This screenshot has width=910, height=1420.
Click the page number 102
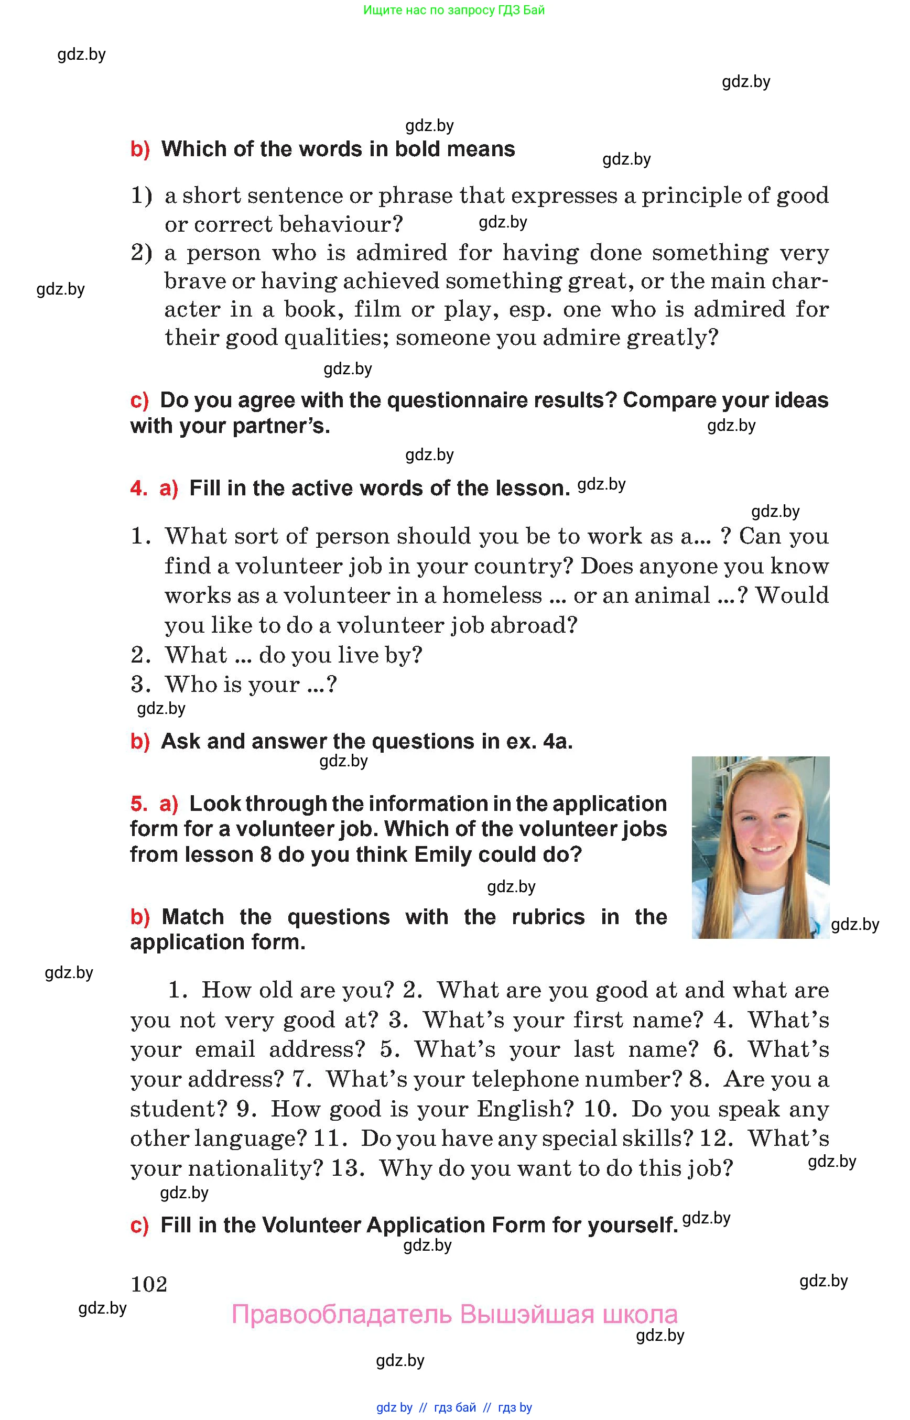pos(149,1284)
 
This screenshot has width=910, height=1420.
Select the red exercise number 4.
pos(138,488)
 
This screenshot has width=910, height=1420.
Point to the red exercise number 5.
pos(138,804)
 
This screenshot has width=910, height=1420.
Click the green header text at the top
pos(454,10)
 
